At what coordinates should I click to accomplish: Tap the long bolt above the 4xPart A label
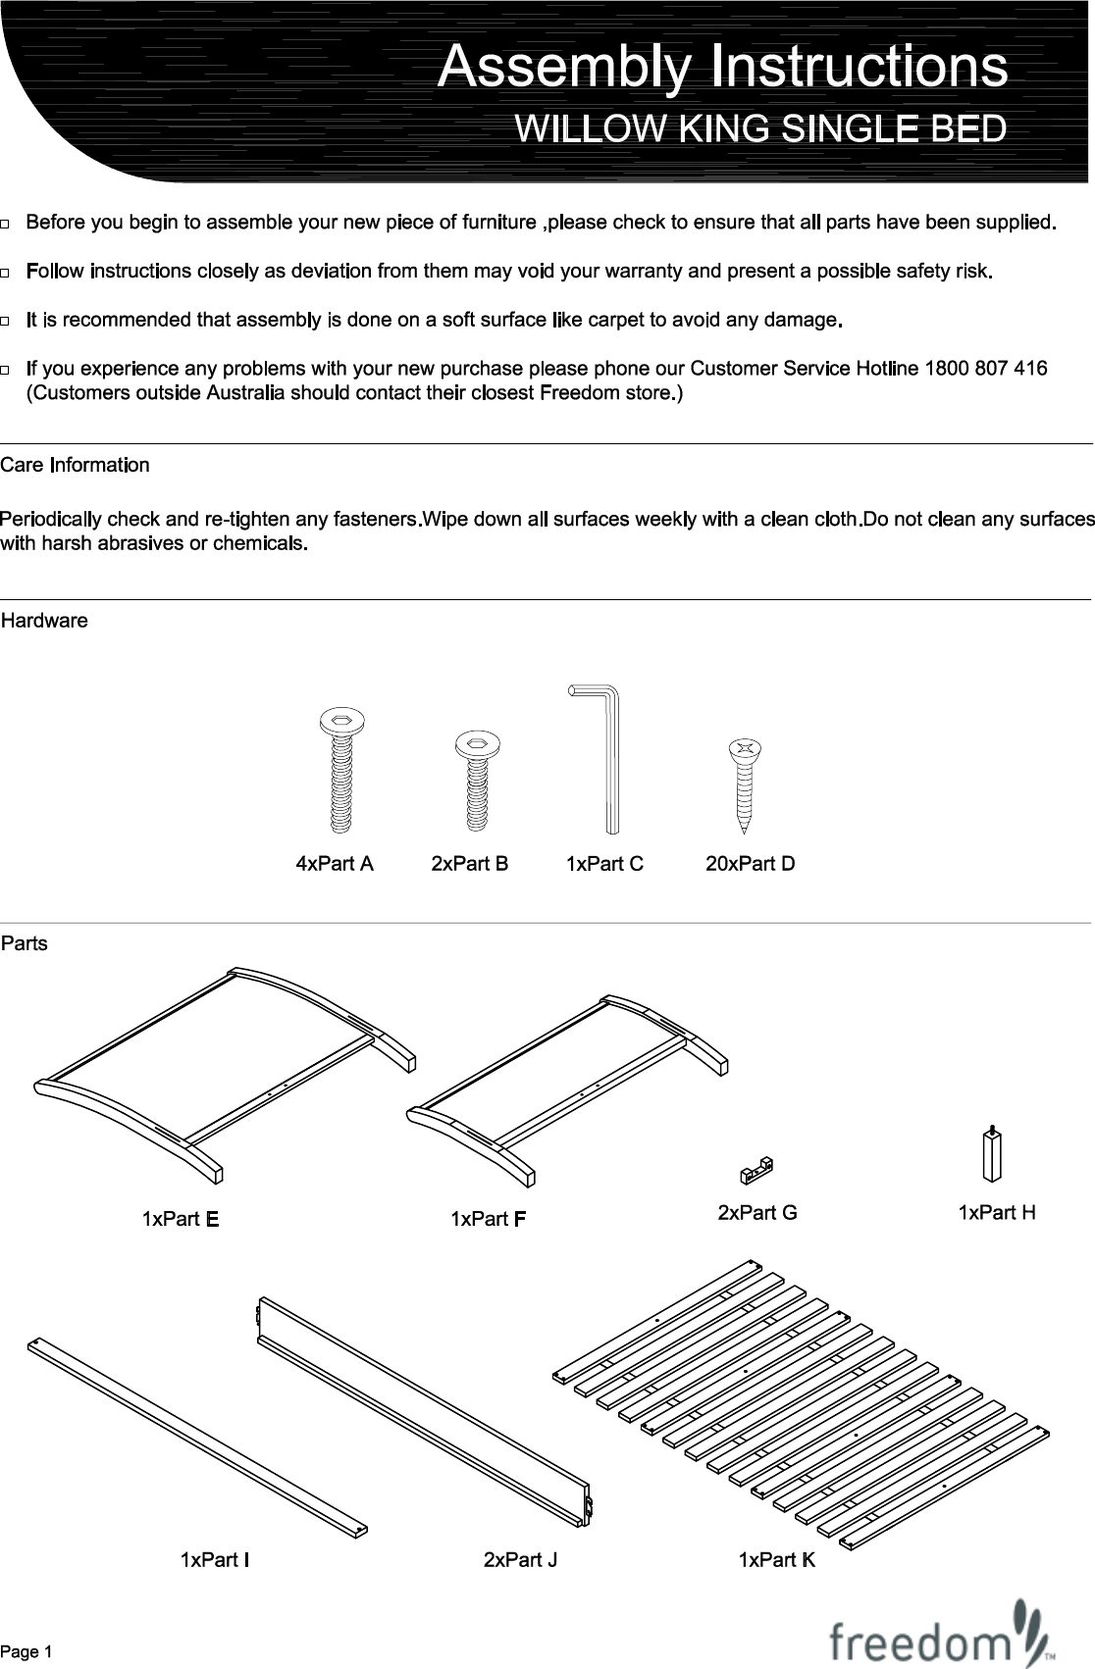[342, 770]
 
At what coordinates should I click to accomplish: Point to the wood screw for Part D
[745, 784]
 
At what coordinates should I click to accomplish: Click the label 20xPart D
[751, 864]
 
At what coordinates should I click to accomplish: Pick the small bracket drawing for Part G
[756, 1169]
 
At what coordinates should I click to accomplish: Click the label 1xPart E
[180, 1219]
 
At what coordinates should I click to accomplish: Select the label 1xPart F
[489, 1219]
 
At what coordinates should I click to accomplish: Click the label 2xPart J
[520, 1559]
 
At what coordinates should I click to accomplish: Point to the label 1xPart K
[776, 1559]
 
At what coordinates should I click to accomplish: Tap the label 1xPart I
[214, 1559]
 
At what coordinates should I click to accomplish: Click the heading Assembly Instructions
[722, 67]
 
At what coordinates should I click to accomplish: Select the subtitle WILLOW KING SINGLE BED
[760, 129]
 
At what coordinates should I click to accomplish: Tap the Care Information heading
[75, 465]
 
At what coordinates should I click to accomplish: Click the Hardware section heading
[44, 621]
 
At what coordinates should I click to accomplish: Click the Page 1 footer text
[26, 1652]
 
